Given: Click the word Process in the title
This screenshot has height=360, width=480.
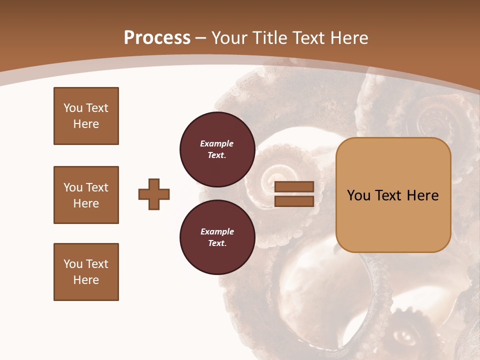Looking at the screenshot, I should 157,37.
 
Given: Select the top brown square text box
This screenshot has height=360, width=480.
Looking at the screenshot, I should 86,116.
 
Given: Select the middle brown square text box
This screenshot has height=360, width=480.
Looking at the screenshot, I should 86,195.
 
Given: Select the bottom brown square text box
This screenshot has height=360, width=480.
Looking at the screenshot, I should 86,272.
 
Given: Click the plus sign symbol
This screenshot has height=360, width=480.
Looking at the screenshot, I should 154,194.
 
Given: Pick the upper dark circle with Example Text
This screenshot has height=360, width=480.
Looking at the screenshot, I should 217,149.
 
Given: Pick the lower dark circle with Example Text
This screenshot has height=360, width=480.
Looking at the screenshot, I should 217,237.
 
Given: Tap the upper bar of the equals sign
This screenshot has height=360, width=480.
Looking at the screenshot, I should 294,187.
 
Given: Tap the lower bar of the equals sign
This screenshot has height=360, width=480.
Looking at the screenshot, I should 294,201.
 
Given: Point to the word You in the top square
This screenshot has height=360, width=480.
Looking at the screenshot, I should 73,108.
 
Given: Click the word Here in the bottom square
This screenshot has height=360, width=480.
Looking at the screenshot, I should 86,280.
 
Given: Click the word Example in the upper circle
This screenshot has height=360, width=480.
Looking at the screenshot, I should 217,143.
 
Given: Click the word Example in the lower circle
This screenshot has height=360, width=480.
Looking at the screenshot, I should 217,231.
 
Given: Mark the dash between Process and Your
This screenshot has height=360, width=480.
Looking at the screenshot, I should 201,38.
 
